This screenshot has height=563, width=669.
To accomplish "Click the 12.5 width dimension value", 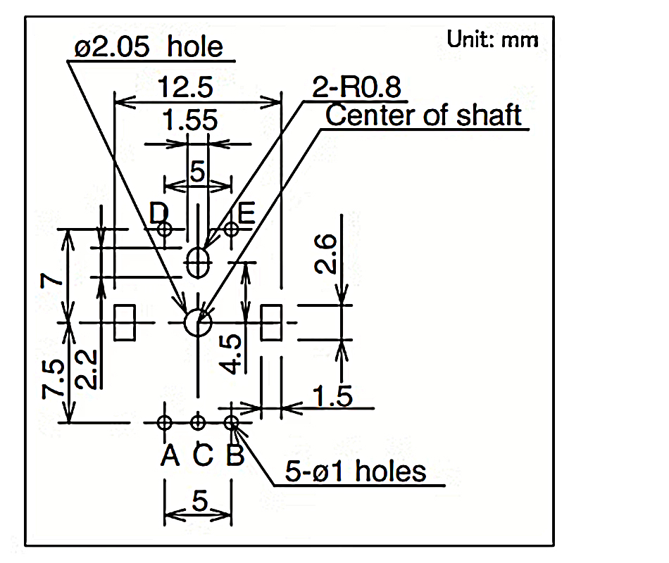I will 185,89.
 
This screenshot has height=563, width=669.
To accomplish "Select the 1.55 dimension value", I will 189,122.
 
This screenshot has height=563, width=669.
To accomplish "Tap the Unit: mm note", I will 492,39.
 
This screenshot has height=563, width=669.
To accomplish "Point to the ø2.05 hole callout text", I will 149,47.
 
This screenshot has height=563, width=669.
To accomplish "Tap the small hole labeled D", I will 165,229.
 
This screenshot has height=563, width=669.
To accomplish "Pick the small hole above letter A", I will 165,422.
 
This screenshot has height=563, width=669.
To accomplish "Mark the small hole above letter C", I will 199,422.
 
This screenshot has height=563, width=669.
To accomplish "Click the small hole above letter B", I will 231,422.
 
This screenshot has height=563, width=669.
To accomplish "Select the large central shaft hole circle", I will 198,323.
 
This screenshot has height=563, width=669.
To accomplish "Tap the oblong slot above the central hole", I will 198,264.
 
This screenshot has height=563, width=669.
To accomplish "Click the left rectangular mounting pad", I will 125,322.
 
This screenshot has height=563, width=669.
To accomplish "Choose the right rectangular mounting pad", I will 271,322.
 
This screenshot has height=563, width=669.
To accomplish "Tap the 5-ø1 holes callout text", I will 356,471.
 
